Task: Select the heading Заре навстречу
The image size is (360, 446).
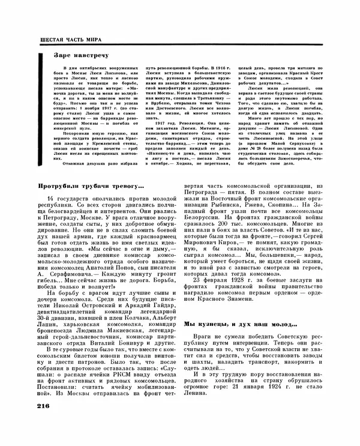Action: pos(70,55)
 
